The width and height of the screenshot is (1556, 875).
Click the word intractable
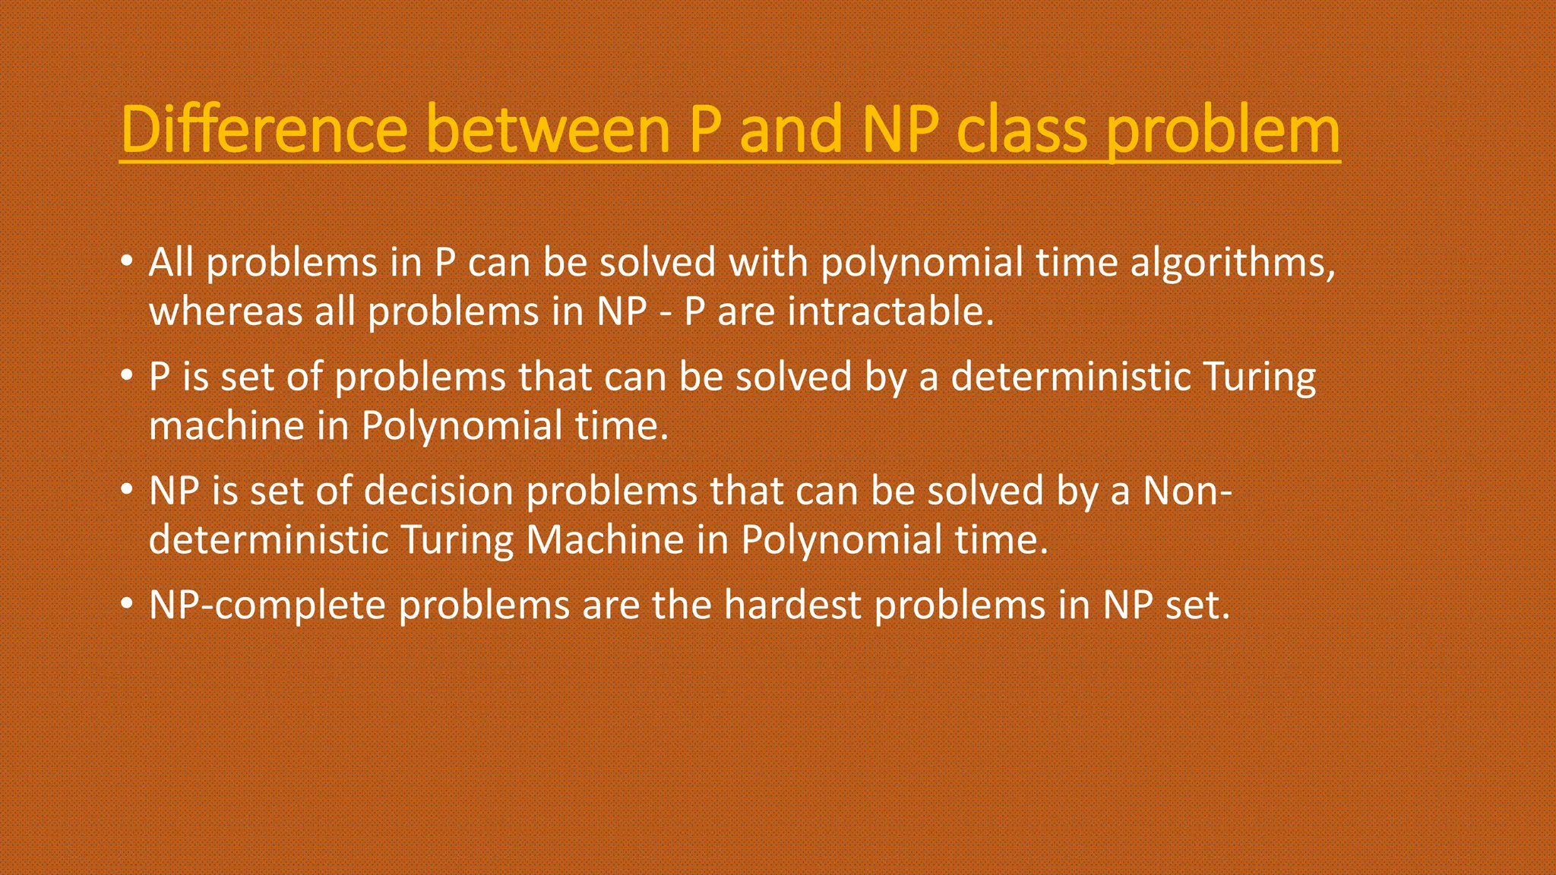[890, 311]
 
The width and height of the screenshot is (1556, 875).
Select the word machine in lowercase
[226, 425]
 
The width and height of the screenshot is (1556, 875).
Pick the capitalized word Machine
[606, 539]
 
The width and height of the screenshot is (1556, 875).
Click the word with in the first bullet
[767, 263]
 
